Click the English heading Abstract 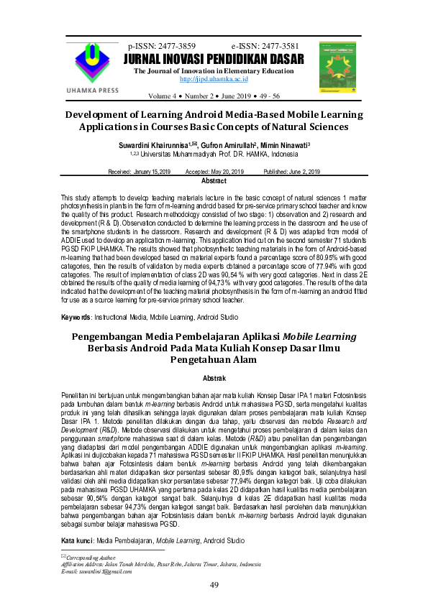tap(214, 181)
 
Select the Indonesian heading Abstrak tap(214, 377)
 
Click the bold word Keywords tap(76, 317)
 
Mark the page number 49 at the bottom tap(214, 586)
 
